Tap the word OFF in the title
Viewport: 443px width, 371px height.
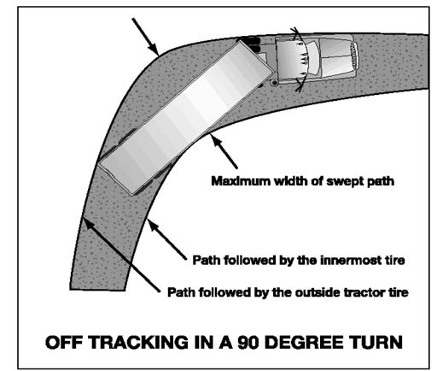click(x=64, y=342)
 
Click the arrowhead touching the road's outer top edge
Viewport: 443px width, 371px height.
click(x=154, y=49)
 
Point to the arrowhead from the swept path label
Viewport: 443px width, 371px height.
click(x=216, y=140)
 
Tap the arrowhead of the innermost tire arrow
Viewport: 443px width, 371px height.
click(x=153, y=225)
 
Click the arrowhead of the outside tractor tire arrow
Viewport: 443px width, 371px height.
click(x=88, y=223)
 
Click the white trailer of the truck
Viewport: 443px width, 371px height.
click(x=184, y=118)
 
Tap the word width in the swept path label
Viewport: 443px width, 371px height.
click(x=289, y=181)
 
